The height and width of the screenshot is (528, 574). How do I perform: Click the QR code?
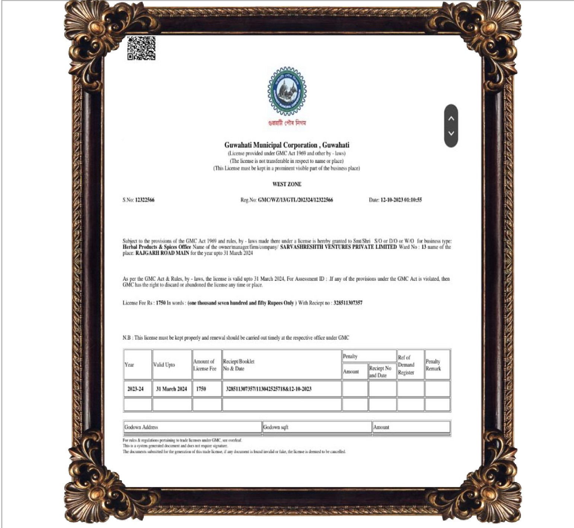coord(141,48)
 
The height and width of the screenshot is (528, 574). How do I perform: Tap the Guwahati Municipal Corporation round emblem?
coord(287,91)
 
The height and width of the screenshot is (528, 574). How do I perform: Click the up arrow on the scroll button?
coord(451,118)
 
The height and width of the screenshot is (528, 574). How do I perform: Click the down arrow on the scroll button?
coord(451,133)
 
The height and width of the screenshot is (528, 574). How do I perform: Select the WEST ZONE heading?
coord(287,184)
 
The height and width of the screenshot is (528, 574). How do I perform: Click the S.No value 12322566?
coord(144,200)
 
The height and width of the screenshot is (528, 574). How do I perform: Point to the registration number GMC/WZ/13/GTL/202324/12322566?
coord(295,200)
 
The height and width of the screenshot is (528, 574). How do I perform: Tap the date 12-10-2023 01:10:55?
coord(401,200)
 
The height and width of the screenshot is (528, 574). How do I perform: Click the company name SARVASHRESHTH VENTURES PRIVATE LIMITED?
coord(338,247)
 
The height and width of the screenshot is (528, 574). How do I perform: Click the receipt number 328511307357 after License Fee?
coord(348,303)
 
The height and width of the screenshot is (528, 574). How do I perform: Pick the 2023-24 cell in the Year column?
coord(135,389)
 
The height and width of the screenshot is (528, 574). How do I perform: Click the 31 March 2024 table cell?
coord(171,389)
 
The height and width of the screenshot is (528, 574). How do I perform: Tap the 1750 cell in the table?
coord(201,389)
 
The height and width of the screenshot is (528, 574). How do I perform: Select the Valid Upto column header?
coord(164,365)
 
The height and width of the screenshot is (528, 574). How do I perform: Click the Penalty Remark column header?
coord(433,365)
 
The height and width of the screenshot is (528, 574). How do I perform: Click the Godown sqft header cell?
coord(276,427)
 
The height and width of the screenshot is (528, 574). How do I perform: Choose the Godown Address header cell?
coord(141,427)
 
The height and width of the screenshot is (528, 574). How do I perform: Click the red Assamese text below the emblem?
coord(287,123)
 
